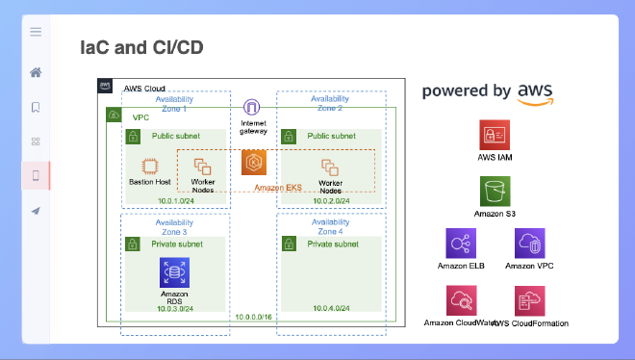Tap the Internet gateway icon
[252, 108]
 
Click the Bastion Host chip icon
[150, 165]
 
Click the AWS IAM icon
[495, 135]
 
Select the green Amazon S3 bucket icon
[495, 190]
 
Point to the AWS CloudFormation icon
[530, 300]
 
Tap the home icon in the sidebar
[36, 72]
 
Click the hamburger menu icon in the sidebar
[36, 32]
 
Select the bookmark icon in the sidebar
[36, 107]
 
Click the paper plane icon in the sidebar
[36, 211]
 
